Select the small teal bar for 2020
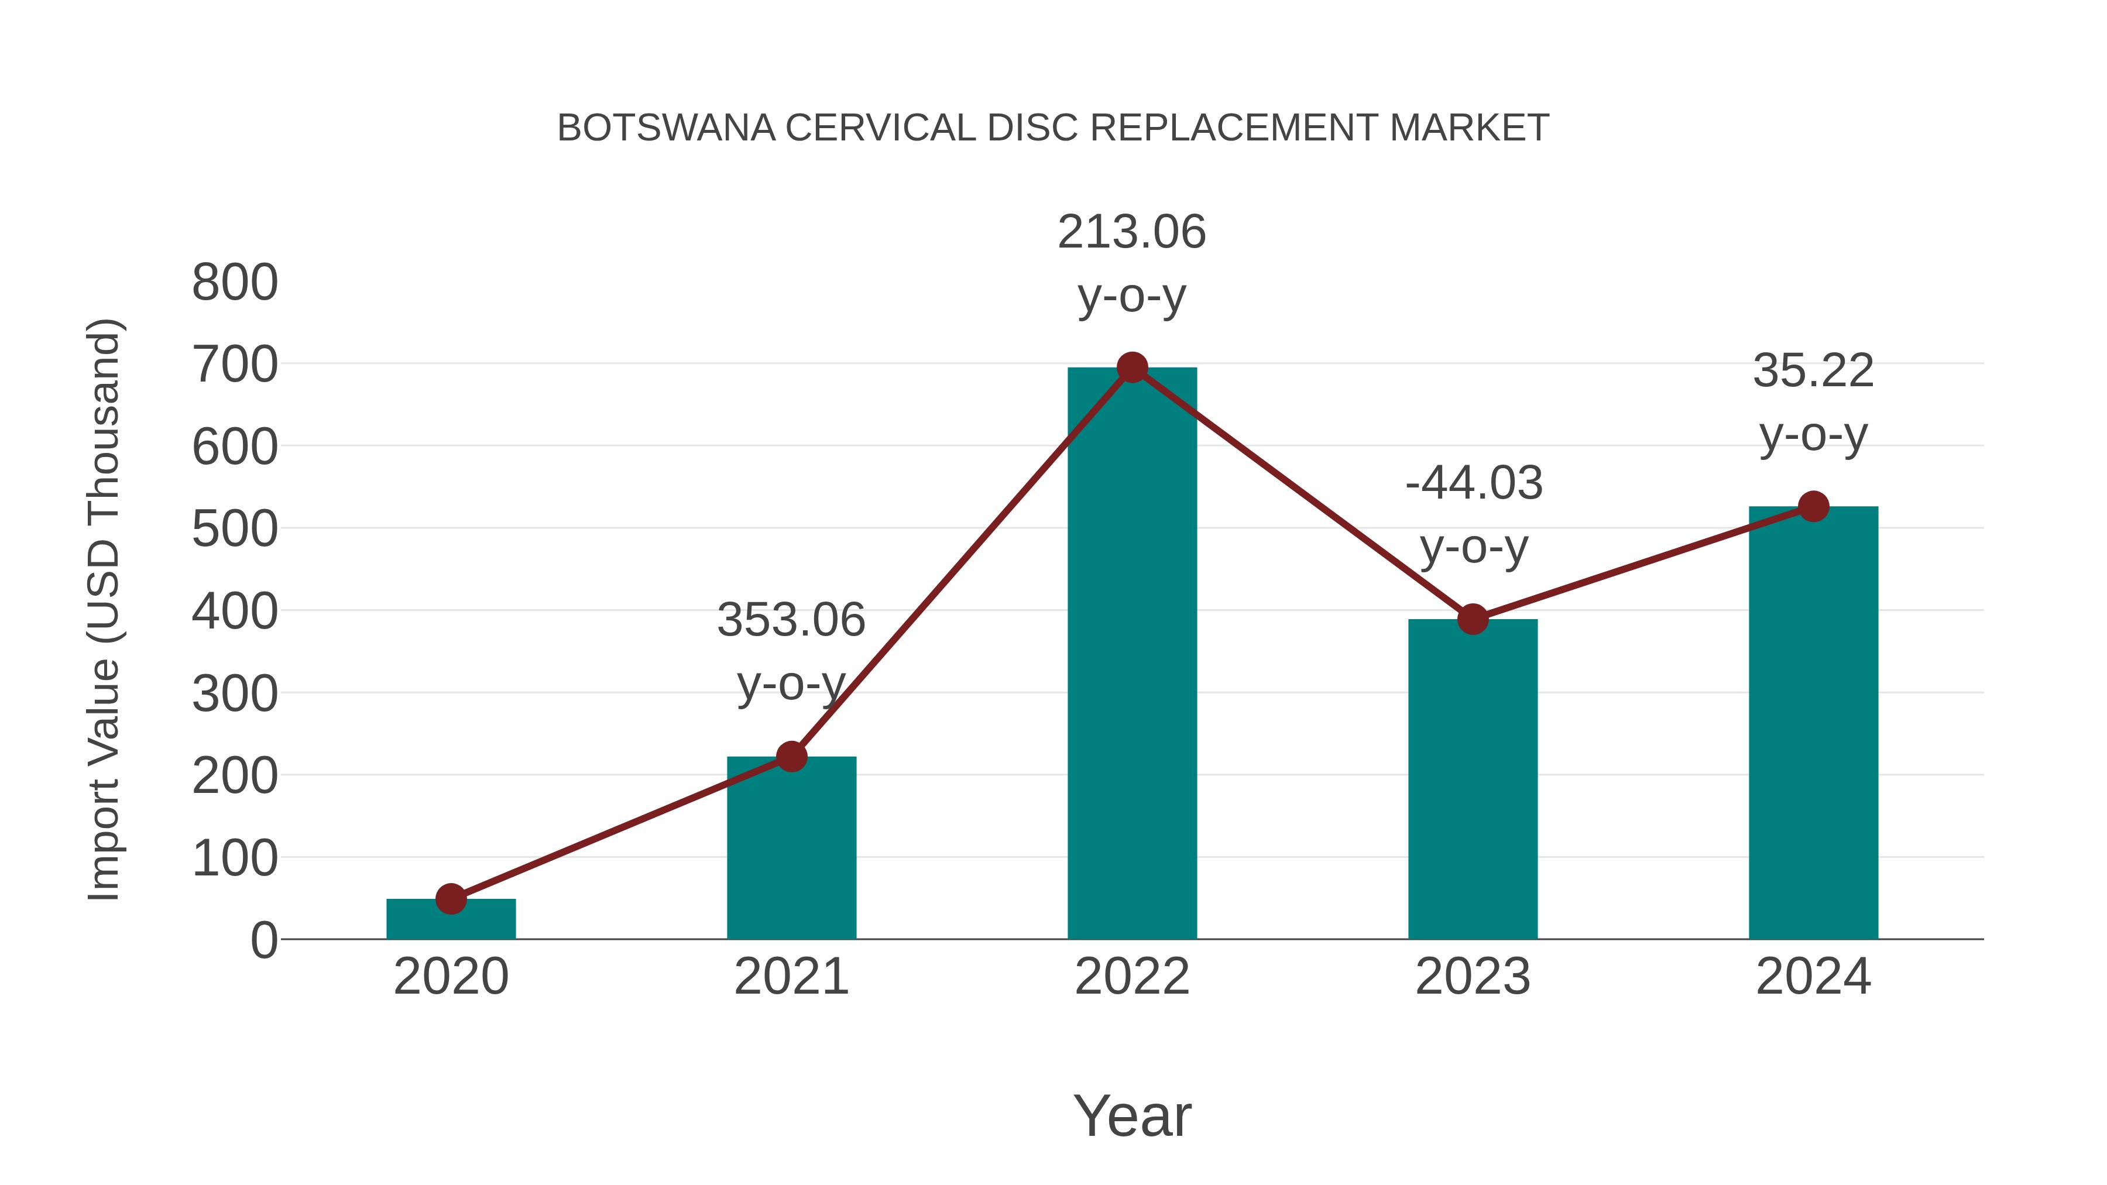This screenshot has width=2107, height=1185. click(451, 919)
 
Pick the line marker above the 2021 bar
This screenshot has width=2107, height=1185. click(791, 757)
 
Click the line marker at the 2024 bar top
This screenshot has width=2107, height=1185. click(1813, 506)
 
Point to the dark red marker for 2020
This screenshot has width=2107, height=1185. click(451, 899)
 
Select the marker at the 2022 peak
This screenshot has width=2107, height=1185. click(1132, 368)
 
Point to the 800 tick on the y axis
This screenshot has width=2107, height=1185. click(235, 283)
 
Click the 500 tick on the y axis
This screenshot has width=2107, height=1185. click(235, 530)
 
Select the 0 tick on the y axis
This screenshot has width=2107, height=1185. click(263, 940)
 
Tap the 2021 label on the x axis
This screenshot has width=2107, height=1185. click(791, 977)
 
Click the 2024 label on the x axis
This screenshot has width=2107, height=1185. click(1813, 977)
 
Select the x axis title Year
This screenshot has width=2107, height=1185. click(1132, 1117)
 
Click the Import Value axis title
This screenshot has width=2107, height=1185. click(105, 609)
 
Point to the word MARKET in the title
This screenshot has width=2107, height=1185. click(1469, 128)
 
